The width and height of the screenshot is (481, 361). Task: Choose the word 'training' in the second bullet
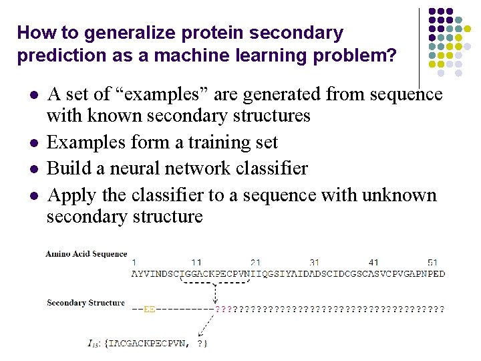pyautogui.click(x=188, y=142)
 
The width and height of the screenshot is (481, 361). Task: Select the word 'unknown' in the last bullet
pyautogui.click(x=399, y=195)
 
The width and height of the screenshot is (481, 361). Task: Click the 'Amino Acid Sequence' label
pyautogui.click(x=86, y=254)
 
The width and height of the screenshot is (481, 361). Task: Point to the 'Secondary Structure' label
pyautogui.click(x=86, y=303)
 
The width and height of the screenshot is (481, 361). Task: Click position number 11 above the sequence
pyautogui.click(x=196, y=263)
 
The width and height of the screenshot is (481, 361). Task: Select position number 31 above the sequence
pyautogui.click(x=315, y=263)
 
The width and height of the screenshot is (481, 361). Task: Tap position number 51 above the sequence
pyautogui.click(x=433, y=263)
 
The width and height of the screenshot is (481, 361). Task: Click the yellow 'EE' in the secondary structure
pyautogui.click(x=150, y=309)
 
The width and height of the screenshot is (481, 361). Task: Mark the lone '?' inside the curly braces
pyautogui.click(x=201, y=344)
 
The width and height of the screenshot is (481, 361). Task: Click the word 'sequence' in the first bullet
pyautogui.click(x=407, y=94)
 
